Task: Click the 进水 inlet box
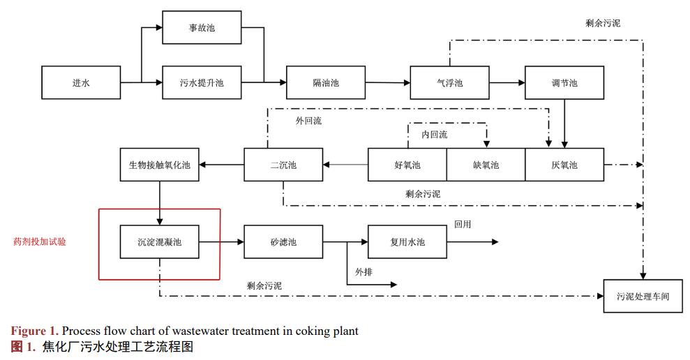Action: click(x=81, y=83)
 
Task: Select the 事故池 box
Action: click(x=202, y=28)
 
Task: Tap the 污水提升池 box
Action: click(x=202, y=83)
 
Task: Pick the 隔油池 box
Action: click(x=325, y=83)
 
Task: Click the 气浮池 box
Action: click(x=449, y=83)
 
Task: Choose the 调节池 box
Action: click(x=564, y=83)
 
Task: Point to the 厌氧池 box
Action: click(x=564, y=165)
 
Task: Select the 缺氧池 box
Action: click(x=486, y=165)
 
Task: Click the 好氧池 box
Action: click(x=407, y=165)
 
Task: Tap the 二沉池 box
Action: click(x=283, y=165)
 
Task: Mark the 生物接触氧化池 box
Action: click(x=160, y=165)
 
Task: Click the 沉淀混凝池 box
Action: click(x=160, y=242)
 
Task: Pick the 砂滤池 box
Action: click(x=283, y=242)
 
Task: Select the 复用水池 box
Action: click(x=407, y=242)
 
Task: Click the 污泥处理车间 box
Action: click(x=643, y=296)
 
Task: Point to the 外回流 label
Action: click(x=308, y=121)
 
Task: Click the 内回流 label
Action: click(x=434, y=134)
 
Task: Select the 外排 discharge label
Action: click(x=363, y=271)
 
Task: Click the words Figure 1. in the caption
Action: click(x=34, y=331)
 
